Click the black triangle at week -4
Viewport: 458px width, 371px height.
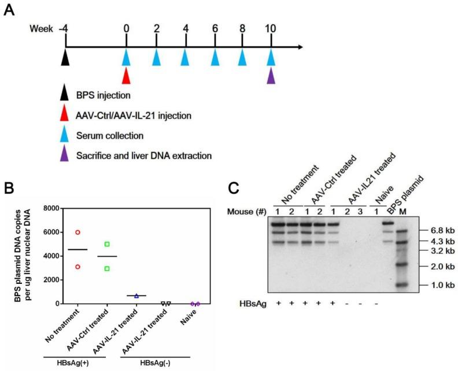coord(65,57)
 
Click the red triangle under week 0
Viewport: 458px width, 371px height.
coord(127,74)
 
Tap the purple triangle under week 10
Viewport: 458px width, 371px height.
coord(272,74)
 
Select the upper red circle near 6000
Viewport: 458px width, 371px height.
coord(77,233)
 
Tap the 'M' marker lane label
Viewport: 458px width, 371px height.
coord(403,212)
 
